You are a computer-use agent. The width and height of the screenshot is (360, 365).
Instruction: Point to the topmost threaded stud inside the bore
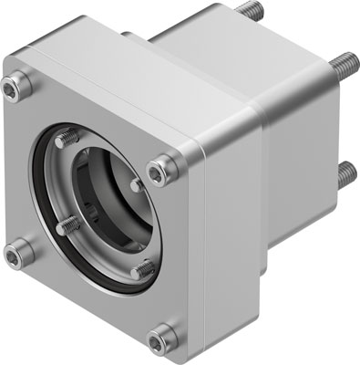[x=65, y=140]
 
